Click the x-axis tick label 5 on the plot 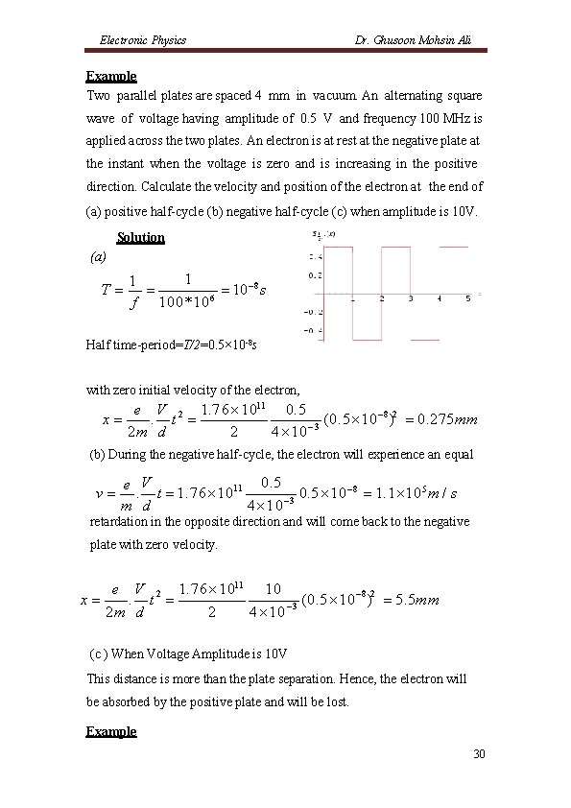tap(467, 298)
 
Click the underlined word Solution tap(140, 237)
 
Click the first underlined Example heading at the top tap(111, 76)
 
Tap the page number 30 tap(479, 755)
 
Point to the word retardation tap(119, 521)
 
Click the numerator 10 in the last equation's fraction tap(273, 586)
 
